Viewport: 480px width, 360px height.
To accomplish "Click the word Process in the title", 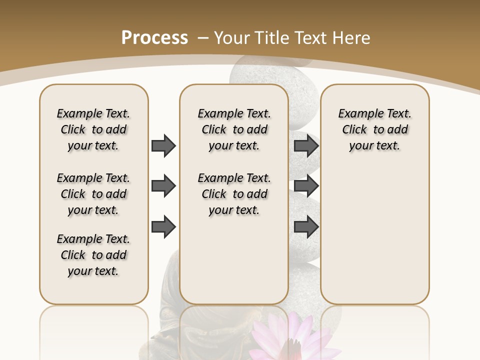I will (x=154, y=37).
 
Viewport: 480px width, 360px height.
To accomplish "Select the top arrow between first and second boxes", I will (x=163, y=145).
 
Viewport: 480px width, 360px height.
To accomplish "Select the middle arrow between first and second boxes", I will (x=163, y=186).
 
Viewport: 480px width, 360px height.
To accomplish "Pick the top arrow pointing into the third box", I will (x=306, y=145).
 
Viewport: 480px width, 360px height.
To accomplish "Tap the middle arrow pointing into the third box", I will (x=306, y=186).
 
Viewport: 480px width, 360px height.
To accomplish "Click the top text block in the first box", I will (x=93, y=129).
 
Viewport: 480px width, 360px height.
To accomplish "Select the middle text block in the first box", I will (x=93, y=194).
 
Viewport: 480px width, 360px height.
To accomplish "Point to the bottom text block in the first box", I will (x=93, y=255).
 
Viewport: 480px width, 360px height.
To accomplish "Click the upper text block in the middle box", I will (x=234, y=129).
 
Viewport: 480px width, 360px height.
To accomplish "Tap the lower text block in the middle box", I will (x=234, y=194).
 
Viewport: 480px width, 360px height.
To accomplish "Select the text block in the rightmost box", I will (x=374, y=129).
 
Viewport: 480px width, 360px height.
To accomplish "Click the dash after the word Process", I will (x=203, y=38).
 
